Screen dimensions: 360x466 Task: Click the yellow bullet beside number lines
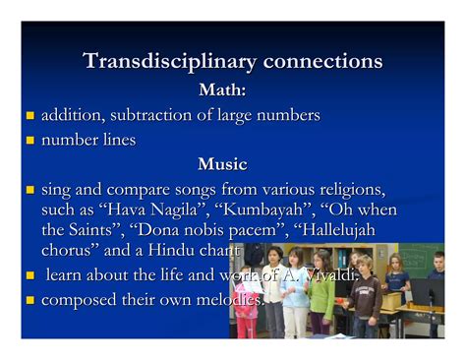(x=29, y=142)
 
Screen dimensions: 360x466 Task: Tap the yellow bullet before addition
(x=29, y=117)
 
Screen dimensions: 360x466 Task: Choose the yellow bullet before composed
(x=29, y=299)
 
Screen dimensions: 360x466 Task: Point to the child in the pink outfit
(x=247, y=305)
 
